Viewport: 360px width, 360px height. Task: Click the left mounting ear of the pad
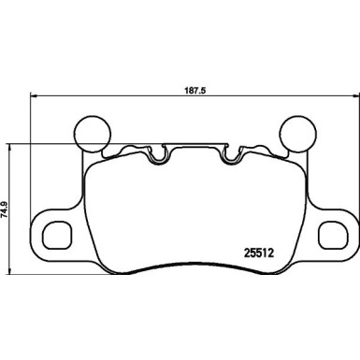point(51,230)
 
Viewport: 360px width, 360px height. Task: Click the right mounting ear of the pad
point(337,230)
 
